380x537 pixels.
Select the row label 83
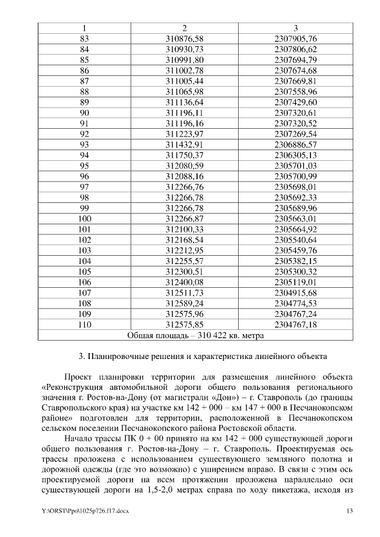(x=84, y=39)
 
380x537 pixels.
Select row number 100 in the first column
(x=84, y=219)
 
